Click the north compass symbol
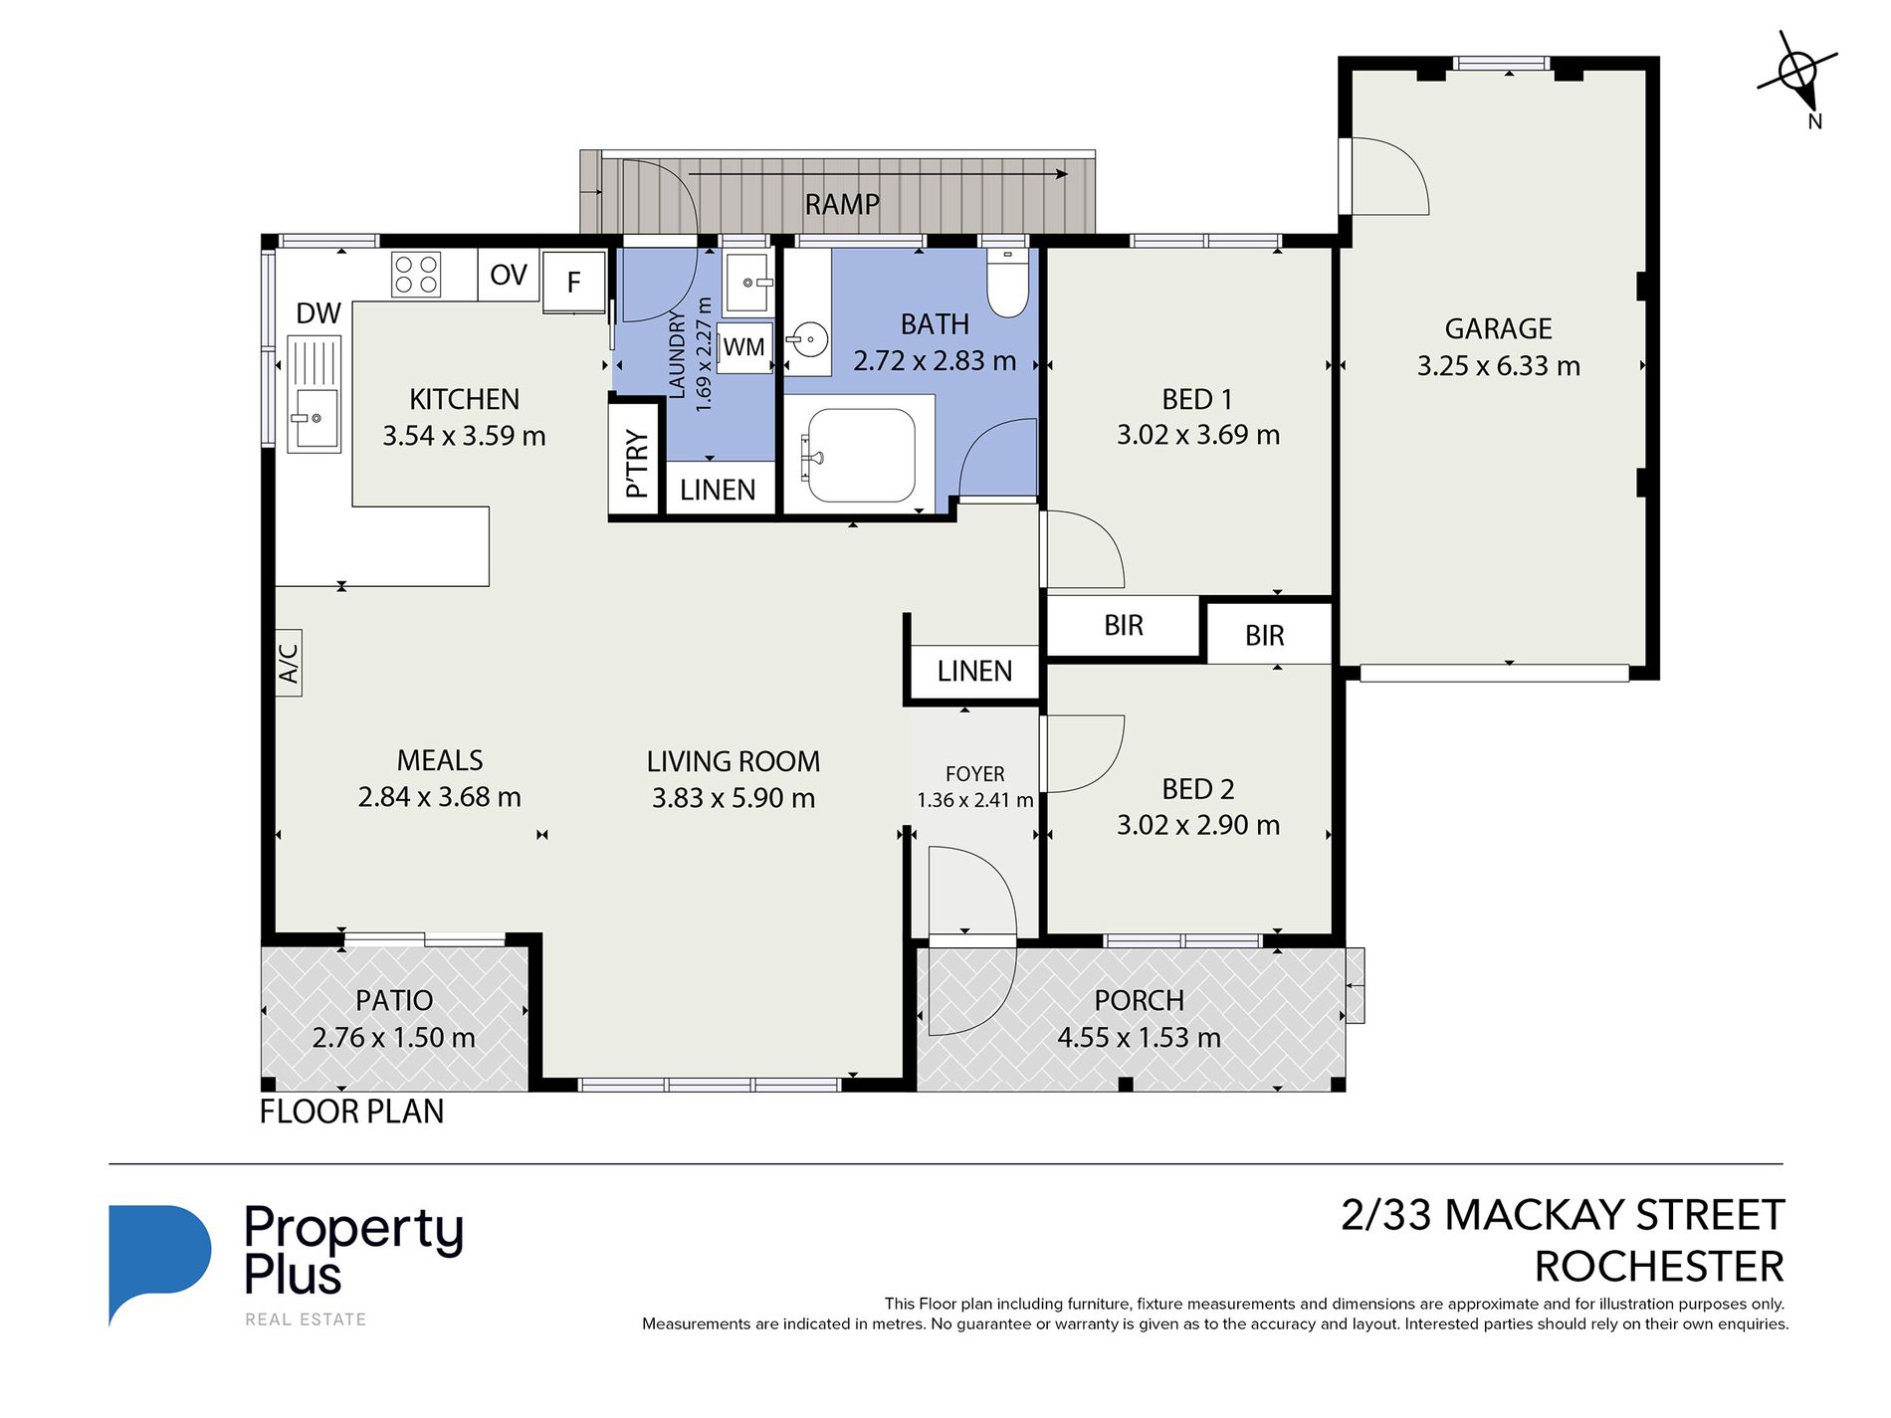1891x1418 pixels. tap(1799, 77)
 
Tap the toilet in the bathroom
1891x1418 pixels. tap(1007, 284)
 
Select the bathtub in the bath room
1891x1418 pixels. tap(861, 456)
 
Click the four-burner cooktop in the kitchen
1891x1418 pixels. tap(416, 275)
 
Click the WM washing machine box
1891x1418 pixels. tap(744, 347)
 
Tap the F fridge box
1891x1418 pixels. tap(574, 283)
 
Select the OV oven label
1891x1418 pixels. tap(509, 275)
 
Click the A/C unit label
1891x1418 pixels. tap(289, 663)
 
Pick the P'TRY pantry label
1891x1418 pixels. tap(637, 463)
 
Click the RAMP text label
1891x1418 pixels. tap(842, 204)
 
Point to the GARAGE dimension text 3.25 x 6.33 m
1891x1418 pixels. tap(1498, 366)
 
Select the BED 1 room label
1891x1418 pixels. tap(1197, 399)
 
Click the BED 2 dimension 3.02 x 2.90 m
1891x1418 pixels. tap(1198, 825)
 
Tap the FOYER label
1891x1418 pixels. tap(974, 774)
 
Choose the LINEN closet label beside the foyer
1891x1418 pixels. tap(974, 671)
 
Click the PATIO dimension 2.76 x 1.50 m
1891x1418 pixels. tap(394, 1038)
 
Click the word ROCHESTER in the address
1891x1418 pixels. tap(1659, 1267)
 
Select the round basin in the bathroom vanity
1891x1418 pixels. tap(810, 340)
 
